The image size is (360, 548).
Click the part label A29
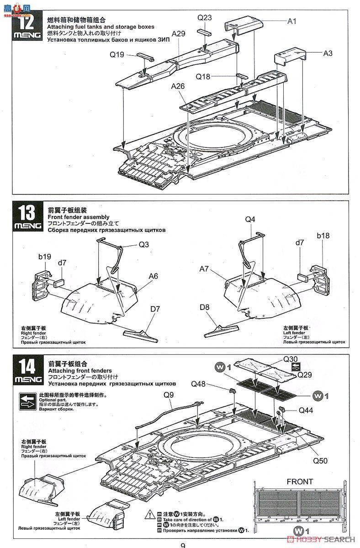click(x=179, y=34)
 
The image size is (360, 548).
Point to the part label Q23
click(x=205, y=18)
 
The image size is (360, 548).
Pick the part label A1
click(x=292, y=21)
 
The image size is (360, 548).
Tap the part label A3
click(x=328, y=53)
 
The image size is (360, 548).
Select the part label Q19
click(x=117, y=55)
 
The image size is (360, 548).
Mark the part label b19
click(x=44, y=258)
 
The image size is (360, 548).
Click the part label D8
click(x=204, y=307)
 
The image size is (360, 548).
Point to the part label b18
click(x=323, y=236)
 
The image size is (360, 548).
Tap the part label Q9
click(x=168, y=392)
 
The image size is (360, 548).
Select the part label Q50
click(x=320, y=460)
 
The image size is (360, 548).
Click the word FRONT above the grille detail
click(x=300, y=481)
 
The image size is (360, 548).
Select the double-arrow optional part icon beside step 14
click(x=27, y=400)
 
